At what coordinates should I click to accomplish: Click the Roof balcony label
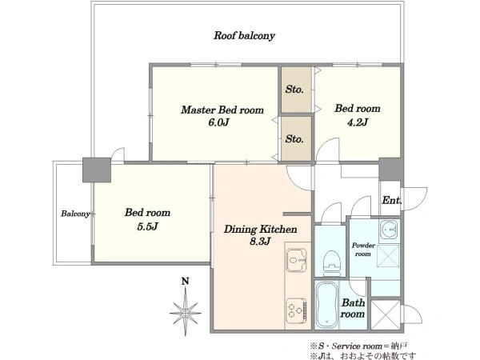(x=244, y=36)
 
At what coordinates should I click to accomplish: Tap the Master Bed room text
(x=222, y=110)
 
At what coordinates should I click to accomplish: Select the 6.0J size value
(x=219, y=122)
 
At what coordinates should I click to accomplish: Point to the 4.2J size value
(x=357, y=122)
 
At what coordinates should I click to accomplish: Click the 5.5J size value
(x=147, y=226)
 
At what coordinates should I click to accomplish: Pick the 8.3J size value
(x=260, y=242)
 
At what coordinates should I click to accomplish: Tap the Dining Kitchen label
(x=260, y=230)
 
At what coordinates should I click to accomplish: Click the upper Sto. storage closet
(x=296, y=90)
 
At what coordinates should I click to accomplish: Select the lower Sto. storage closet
(x=296, y=138)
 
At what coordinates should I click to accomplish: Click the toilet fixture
(x=332, y=260)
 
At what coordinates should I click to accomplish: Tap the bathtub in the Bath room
(x=326, y=306)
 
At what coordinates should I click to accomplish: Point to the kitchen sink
(x=296, y=260)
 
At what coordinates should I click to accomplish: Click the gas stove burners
(x=296, y=310)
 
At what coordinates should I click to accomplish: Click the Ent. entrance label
(x=391, y=201)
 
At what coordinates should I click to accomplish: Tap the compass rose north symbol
(x=186, y=313)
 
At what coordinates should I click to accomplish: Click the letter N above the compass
(x=185, y=281)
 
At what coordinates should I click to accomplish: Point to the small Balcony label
(x=75, y=214)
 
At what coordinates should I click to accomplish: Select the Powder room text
(x=363, y=250)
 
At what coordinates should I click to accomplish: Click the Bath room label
(x=353, y=308)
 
